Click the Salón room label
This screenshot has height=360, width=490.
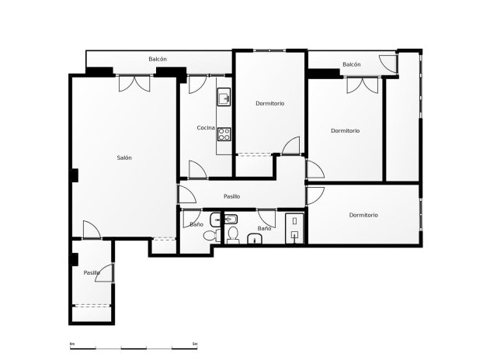pos(124,157)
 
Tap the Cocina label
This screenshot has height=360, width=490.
pos(205,127)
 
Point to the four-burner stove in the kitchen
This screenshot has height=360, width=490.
pos(224,132)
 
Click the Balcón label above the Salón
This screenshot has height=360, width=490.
pos(158,59)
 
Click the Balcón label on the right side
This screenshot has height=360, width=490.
pos(352,64)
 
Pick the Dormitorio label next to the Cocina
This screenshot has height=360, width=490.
pos(269,103)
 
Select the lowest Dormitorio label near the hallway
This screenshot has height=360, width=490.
pos(363,215)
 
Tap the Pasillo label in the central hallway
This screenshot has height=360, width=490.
pos(231,196)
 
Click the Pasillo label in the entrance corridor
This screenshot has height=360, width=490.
pos(92,272)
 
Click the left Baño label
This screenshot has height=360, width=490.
pos(196,224)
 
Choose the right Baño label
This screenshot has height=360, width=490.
pos(264,229)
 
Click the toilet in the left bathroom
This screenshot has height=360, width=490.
pos(209,235)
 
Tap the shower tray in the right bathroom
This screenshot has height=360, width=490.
pos(294,228)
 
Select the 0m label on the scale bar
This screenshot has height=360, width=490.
pos(71,343)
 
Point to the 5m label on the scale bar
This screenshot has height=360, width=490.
pos(195,343)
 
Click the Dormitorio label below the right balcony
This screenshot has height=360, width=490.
pos(345,130)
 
